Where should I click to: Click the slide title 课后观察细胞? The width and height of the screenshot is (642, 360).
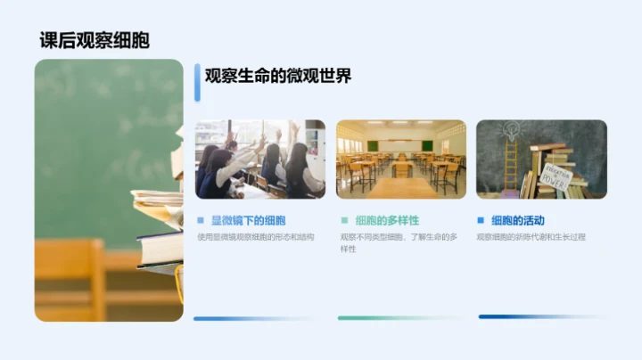[x=95, y=40]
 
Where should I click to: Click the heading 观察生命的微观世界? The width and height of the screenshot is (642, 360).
[x=277, y=77]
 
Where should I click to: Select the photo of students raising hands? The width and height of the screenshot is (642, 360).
[x=259, y=159]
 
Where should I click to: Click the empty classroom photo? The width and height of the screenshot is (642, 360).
[x=400, y=159]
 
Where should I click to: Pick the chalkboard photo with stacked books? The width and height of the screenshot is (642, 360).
[x=541, y=159]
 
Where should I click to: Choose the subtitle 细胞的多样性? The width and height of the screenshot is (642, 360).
[x=386, y=220]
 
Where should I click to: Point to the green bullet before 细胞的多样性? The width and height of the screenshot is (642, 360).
[x=344, y=220]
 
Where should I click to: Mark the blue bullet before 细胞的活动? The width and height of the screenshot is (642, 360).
[x=481, y=220]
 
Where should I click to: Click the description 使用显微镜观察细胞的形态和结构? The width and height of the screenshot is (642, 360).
[x=255, y=237]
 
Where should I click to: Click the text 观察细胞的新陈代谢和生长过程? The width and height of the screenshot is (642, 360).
[x=531, y=237]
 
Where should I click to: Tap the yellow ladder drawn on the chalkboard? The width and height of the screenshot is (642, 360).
[x=511, y=164]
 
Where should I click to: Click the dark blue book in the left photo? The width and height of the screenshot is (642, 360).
[x=160, y=248]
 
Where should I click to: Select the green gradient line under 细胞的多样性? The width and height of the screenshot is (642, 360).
[x=399, y=317]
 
